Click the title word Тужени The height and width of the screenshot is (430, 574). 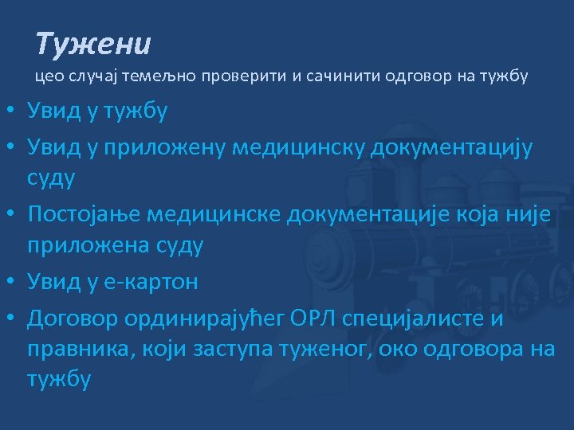[x=93, y=45]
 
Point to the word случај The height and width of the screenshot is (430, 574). [x=92, y=77]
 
